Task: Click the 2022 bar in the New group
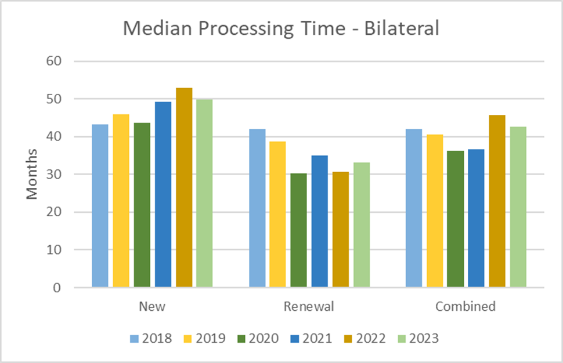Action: pyautogui.click(x=184, y=187)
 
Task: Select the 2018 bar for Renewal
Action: pyautogui.click(x=257, y=208)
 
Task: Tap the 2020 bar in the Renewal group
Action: pyautogui.click(x=299, y=230)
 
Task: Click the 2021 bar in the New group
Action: pyautogui.click(x=163, y=194)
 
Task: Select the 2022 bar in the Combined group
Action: pyautogui.click(x=497, y=201)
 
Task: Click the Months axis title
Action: pyautogui.click(x=32, y=174)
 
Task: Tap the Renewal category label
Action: pyautogui.click(x=309, y=307)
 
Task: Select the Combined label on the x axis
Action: pyautogui.click(x=465, y=307)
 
